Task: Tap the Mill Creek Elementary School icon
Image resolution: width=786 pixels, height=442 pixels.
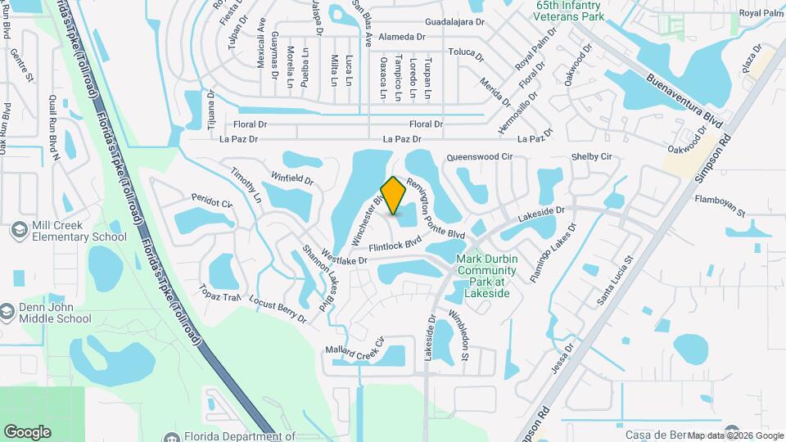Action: coord(18,231)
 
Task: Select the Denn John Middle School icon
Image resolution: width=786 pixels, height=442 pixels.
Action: coord(7,313)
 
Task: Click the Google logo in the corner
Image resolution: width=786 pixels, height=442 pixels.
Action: coord(27,431)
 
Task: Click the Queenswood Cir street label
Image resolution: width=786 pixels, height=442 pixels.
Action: coord(479,156)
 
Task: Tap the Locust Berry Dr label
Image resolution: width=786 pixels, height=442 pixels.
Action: coord(277,309)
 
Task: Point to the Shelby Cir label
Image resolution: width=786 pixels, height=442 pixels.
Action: coord(591,156)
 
